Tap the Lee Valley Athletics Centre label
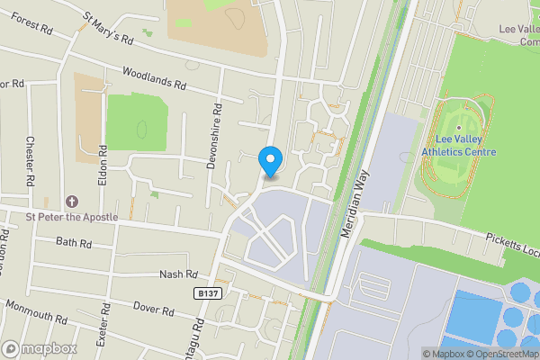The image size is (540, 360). [465, 146]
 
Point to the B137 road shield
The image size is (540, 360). [206, 293]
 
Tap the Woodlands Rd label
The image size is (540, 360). [153, 79]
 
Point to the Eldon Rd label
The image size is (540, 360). [103, 166]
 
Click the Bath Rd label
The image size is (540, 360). [74, 243]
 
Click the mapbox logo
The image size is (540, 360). [38, 348]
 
